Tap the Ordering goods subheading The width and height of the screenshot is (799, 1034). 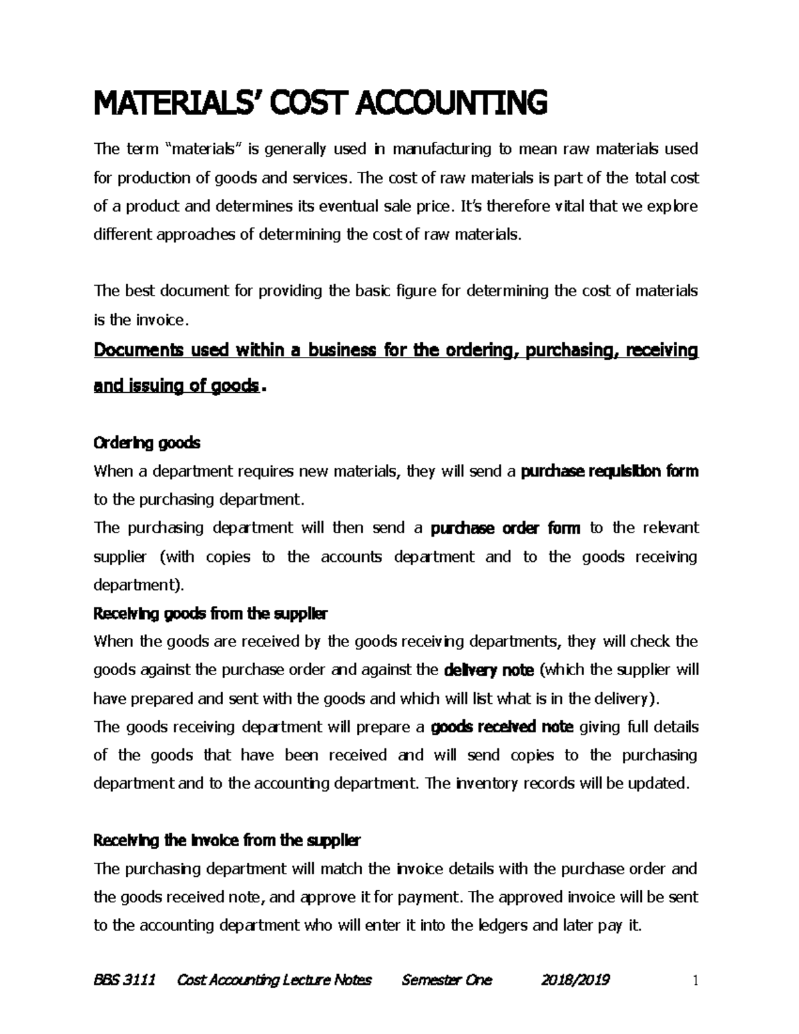click(x=147, y=443)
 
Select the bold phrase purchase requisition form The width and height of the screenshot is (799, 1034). click(x=609, y=471)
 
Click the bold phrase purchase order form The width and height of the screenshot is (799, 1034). click(x=506, y=528)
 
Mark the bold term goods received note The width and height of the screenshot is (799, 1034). click(x=503, y=727)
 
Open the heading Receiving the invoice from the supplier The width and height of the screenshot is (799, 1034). click(x=227, y=841)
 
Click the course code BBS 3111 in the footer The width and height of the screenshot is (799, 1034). click(x=125, y=979)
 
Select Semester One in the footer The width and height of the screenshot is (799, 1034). click(x=447, y=979)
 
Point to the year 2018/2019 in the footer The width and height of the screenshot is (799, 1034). click(x=575, y=979)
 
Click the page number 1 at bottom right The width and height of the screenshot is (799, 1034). click(x=694, y=980)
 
